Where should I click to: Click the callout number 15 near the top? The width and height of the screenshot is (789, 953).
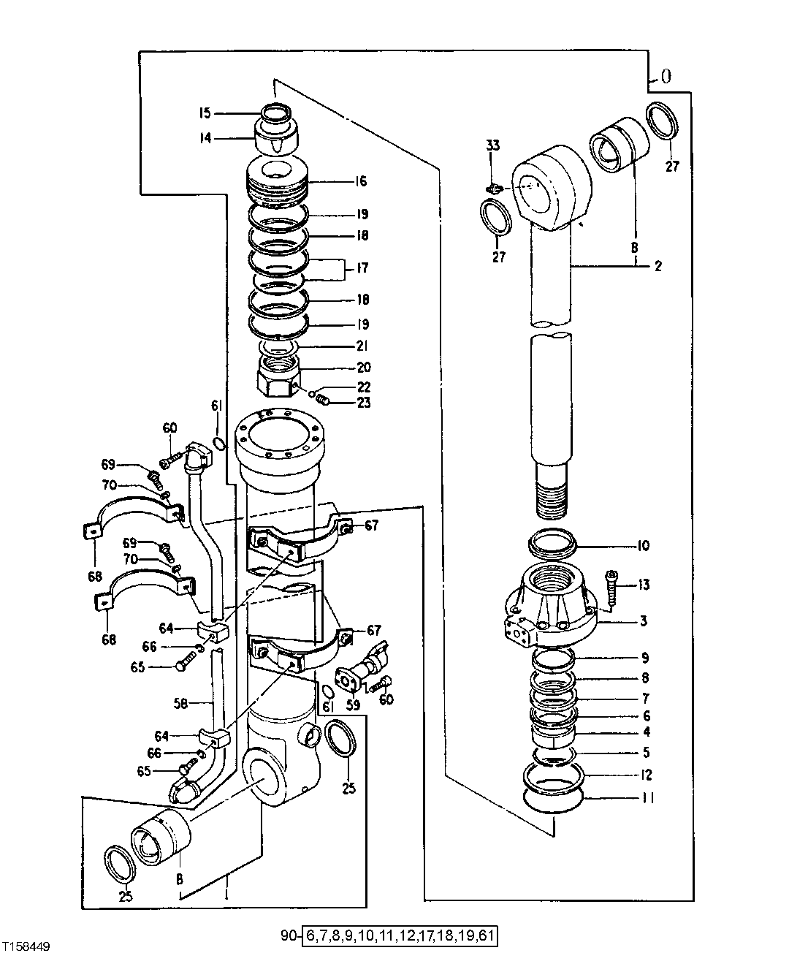click(204, 113)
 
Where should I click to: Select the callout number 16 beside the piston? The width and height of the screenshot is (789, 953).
click(361, 181)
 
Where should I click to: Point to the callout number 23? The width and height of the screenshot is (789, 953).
click(363, 403)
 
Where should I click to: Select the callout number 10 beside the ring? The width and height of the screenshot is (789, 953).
click(643, 546)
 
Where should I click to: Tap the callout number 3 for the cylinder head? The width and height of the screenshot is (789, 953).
click(644, 621)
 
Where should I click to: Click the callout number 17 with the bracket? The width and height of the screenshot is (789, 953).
click(362, 268)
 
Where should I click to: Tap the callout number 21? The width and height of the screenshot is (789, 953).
click(362, 346)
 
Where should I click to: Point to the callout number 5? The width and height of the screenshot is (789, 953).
click(645, 753)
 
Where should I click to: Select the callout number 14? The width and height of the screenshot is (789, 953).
click(205, 137)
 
